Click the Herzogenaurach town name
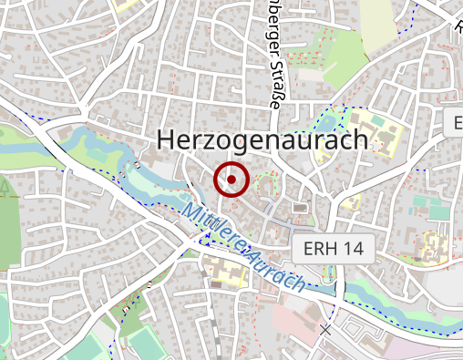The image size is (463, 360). click(262, 139)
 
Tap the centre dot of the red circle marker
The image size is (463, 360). click(231, 180)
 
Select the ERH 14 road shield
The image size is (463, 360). click(333, 249)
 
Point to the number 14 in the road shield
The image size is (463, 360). click(355, 249)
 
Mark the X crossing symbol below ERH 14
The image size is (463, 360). click(325, 328)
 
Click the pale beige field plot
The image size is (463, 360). click(376, 23)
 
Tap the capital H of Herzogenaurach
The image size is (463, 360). click(167, 139)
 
